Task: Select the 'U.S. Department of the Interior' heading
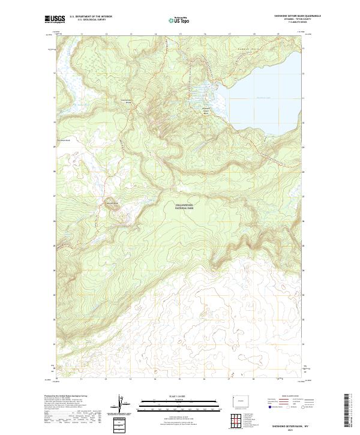pyautogui.click(x=91, y=17)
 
